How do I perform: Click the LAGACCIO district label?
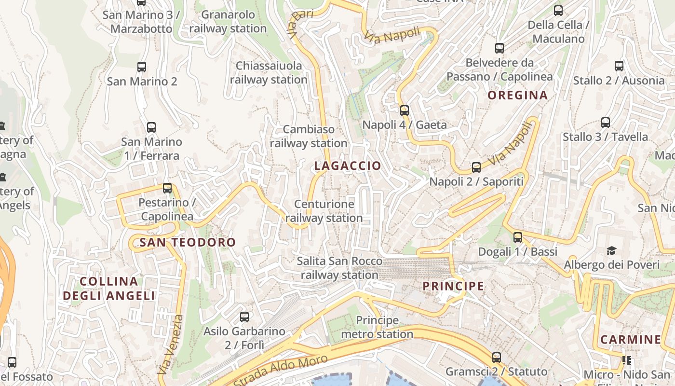[347, 166]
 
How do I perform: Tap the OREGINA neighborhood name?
[517, 95]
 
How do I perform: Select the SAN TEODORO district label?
[188, 242]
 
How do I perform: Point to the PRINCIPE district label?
[453, 286]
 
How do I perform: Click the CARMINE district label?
[630, 339]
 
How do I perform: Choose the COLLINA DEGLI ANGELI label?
[109, 289]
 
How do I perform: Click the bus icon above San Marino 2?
[142, 67]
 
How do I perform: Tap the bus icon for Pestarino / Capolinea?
[167, 188]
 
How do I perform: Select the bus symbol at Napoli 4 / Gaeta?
[405, 110]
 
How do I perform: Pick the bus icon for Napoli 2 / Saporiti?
[476, 167]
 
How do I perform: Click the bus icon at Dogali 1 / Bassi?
[518, 237]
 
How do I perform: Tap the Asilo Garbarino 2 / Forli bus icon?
[244, 317]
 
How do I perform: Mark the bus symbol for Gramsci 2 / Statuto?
[497, 358]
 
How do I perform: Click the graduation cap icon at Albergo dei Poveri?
[611, 250]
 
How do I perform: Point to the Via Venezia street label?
[170, 345]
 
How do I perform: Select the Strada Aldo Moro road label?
[281, 370]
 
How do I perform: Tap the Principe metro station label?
[377, 327]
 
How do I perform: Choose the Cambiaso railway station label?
[308, 136]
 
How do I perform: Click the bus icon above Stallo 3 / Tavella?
[606, 123]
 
